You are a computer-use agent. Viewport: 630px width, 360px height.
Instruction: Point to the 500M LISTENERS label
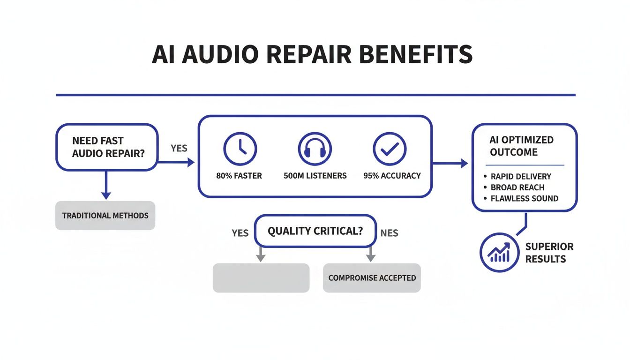tap(315, 176)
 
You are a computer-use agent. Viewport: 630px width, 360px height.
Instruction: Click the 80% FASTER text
tap(239, 176)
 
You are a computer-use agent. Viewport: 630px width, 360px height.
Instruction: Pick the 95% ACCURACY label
tap(392, 176)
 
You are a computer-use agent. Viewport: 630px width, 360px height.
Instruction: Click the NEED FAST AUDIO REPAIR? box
tap(107, 147)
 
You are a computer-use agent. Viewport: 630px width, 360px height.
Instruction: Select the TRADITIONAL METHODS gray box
tap(105, 216)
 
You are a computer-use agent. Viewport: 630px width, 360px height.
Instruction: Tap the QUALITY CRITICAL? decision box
tap(315, 231)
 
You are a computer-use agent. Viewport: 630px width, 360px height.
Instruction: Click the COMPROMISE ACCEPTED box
tap(372, 278)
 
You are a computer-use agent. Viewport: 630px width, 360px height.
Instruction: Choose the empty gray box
tap(261, 278)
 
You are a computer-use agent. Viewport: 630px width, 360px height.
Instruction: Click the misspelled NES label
tap(389, 233)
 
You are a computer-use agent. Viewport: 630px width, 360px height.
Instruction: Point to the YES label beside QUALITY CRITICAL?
tap(240, 233)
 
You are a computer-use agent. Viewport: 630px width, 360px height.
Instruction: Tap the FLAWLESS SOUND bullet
tap(524, 198)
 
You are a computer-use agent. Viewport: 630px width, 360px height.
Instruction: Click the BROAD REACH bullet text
tap(517, 187)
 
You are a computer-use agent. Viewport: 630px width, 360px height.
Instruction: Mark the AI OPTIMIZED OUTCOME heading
tap(515, 146)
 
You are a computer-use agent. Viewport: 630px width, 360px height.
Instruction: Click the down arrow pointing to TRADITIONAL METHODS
tap(106, 187)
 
